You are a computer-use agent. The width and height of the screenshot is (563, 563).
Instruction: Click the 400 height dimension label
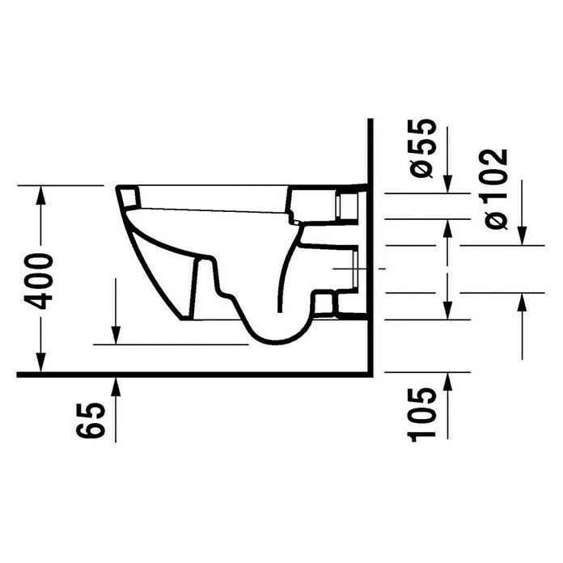tap(38, 280)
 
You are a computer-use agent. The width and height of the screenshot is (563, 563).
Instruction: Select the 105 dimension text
tap(423, 413)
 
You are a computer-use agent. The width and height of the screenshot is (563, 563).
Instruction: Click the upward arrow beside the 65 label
tap(116, 388)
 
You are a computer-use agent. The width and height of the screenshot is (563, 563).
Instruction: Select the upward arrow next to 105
tap(448, 383)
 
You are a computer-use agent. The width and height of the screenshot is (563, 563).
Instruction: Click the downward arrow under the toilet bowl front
tap(116, 333)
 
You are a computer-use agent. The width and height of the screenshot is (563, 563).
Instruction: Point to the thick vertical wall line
tap(369, 243)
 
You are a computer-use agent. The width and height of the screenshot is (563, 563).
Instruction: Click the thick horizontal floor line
tap(194, 375)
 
